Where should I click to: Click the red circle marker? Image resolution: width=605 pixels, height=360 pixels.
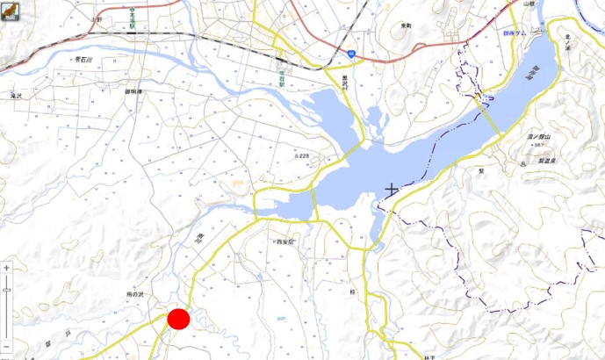pyautogui.click(x=179, y=320)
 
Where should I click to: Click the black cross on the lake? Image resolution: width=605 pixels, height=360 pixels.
pyautogui.click(x=391, y=188)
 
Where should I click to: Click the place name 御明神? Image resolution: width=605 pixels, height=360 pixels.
pyautogui.click(x=133, y=91)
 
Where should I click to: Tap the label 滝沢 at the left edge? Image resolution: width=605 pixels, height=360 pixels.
pyautogui.click(x=15, y=94)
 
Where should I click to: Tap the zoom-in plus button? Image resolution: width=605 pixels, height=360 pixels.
pyautogui.click(x=6, y=268)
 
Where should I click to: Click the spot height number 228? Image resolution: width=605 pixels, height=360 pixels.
pyautogui.click(x=304, y=156)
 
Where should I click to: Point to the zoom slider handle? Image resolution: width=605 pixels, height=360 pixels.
pyautogui.click(x=6, y=288)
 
